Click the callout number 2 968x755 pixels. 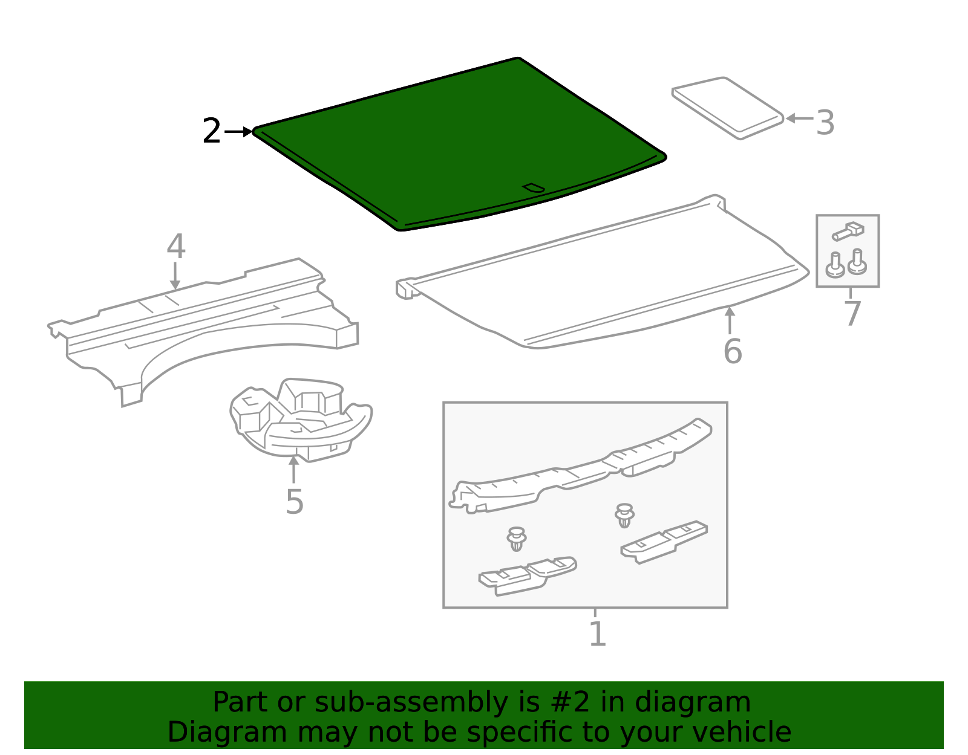click(211, 131)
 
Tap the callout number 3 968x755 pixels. click(825, 123)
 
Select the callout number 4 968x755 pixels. click(175, 247)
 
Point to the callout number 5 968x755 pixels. click(294, 502)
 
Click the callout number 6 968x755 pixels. click(732, 351)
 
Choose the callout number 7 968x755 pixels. click(852, 314)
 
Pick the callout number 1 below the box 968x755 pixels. click(597, 634)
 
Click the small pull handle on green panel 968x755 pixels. click(534, 188)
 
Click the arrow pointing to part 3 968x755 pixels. click(799, 118)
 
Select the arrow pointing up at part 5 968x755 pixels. click(293, 469)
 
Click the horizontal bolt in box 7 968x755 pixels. click(848, 231)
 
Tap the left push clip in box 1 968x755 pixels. click(516, 539)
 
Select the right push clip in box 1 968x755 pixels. click(624, 515)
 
